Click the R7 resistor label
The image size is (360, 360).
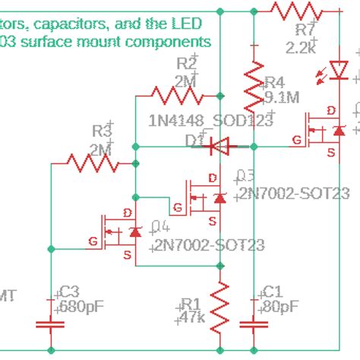[305, 30]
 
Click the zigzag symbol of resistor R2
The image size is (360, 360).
[178, 96]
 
